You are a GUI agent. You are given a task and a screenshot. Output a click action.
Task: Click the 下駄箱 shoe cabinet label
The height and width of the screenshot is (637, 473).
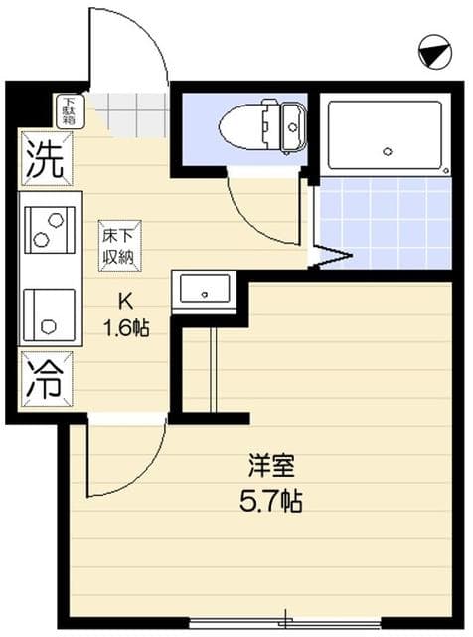[x=70, y=109]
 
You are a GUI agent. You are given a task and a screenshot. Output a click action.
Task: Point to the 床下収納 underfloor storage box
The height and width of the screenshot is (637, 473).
[x=119, y=244]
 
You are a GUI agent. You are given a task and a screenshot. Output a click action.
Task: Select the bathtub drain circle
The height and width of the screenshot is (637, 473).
[x=388, y=152]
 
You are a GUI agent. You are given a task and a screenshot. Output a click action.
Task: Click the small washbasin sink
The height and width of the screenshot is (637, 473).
[x=204, y=291]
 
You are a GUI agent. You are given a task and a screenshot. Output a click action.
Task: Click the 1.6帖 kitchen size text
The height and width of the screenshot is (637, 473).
[x=127, y=327]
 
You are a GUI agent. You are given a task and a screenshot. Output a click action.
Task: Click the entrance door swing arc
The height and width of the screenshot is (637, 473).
[x=139, y=50]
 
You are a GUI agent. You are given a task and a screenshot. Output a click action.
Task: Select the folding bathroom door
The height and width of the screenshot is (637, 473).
[x=330, y=257]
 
